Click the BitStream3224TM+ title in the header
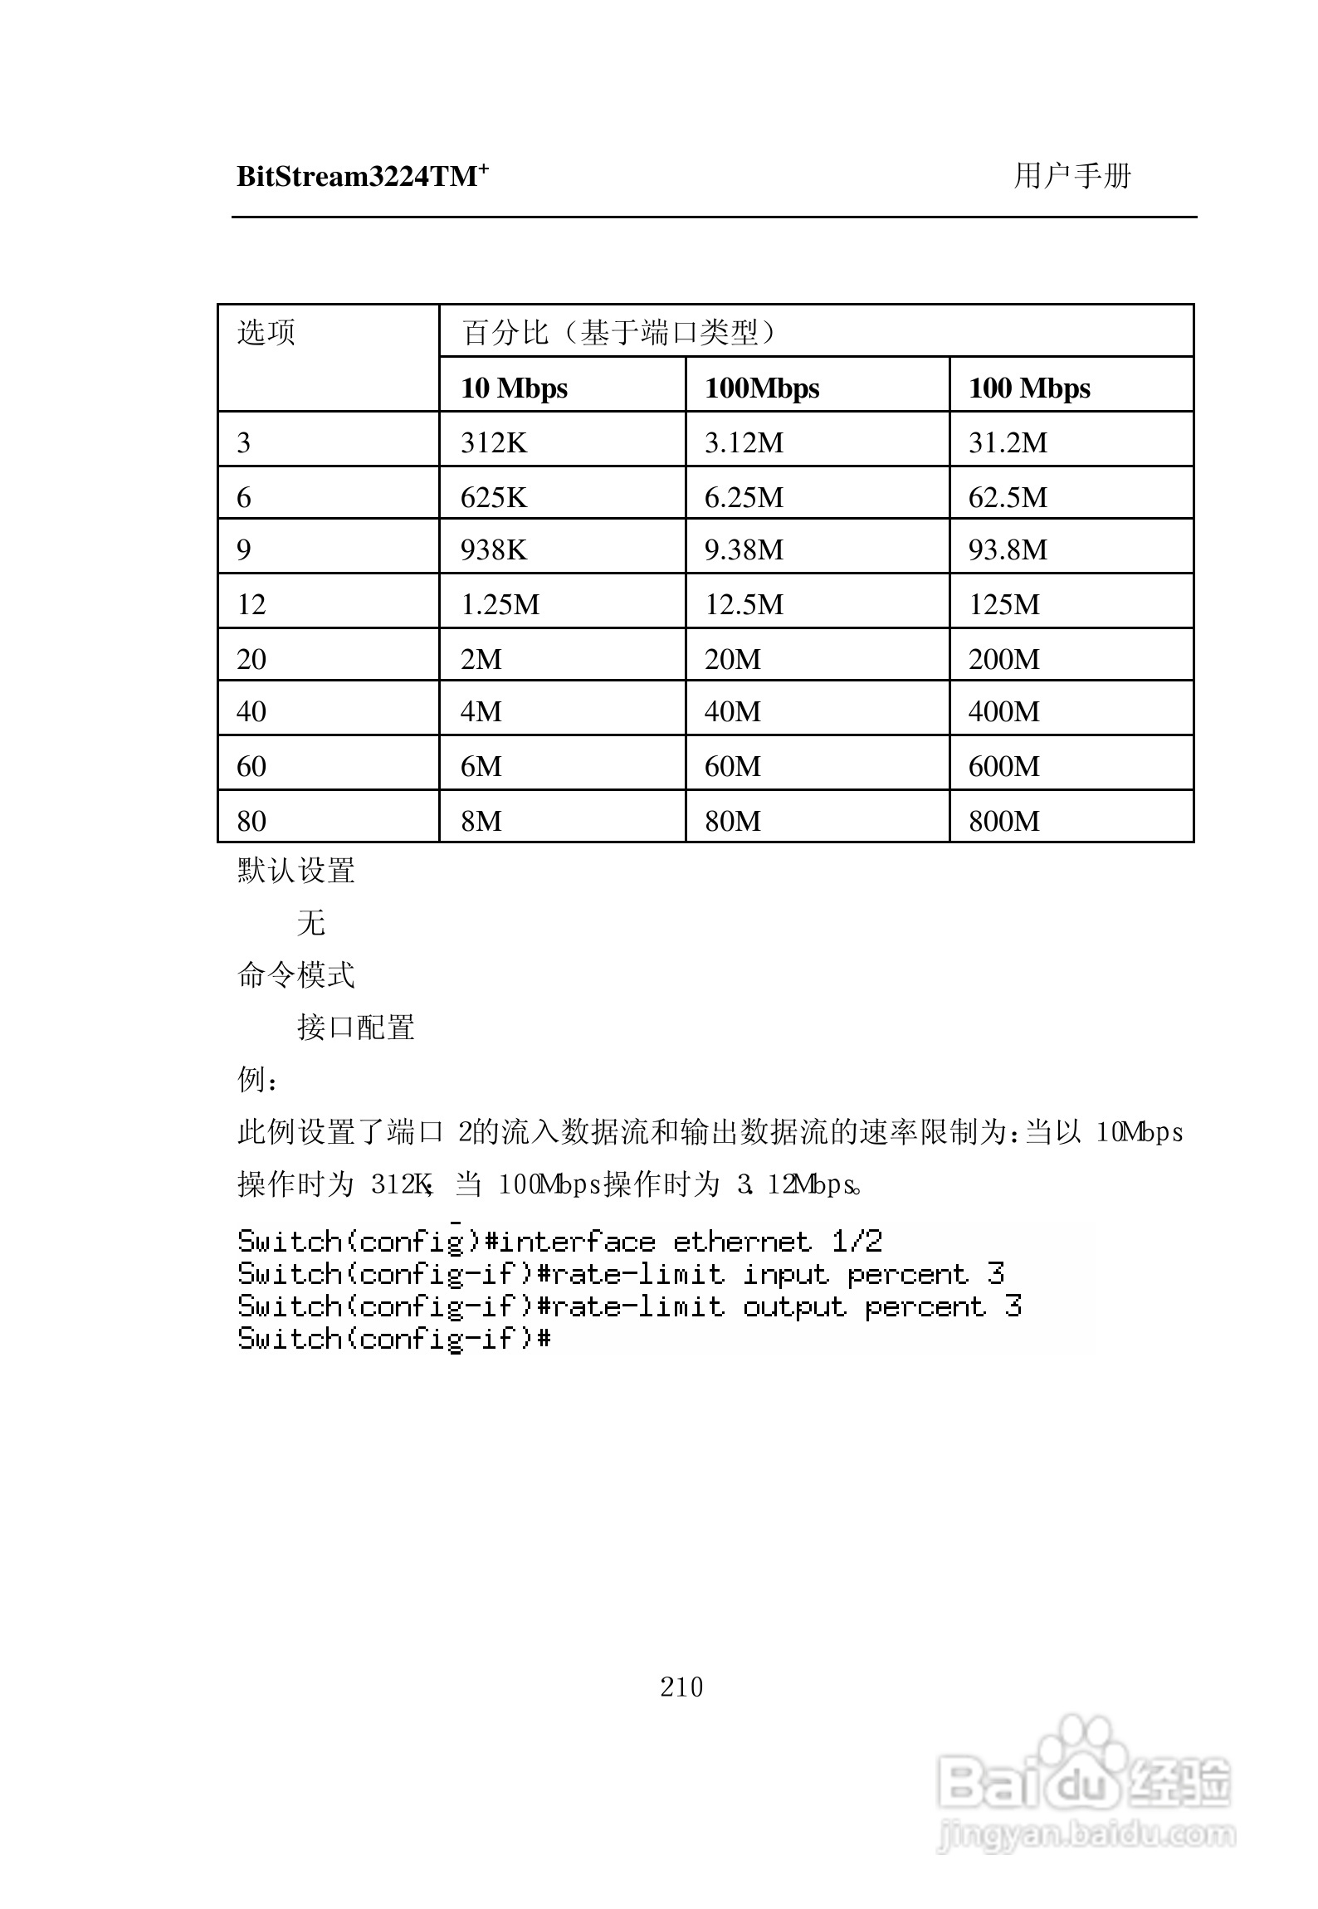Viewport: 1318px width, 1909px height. click(x=362, y=177)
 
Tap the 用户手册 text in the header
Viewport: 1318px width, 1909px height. click(x=1071, y=176)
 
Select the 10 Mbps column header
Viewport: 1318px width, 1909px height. click(x=514, y=388)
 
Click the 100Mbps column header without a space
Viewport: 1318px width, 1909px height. click(x=762, y=388)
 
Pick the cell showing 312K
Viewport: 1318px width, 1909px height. click(x=494, y=442)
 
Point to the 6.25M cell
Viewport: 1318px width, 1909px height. click(x=744, y=497)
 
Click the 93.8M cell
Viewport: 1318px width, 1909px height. click(x=1008, y=549)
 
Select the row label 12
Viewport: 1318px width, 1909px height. click(x=251, y=604)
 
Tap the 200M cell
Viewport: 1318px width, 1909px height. click(x=1003, y=659)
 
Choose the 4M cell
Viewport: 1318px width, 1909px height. click(x=481, y=711)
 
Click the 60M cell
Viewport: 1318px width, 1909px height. click(x=732, y=766)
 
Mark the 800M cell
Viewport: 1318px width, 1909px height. click(x=1003, y=821)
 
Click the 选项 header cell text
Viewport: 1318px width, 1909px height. click(x=266, y=332)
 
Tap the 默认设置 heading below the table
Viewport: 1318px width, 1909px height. click(x=296, y=871)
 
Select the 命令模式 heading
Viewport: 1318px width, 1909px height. click(x=296, y=975)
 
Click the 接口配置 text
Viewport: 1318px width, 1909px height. click(x=356, y=1028)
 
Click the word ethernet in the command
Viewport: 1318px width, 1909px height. click(x=741, y=1242)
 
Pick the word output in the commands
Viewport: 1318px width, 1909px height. click(x=794, y=1306)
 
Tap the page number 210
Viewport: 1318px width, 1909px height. click(x=681, y=1687)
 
